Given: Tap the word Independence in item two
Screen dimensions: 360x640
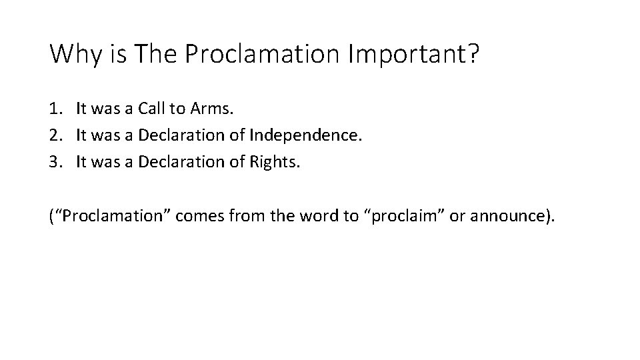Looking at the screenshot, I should (x=304, y=136).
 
